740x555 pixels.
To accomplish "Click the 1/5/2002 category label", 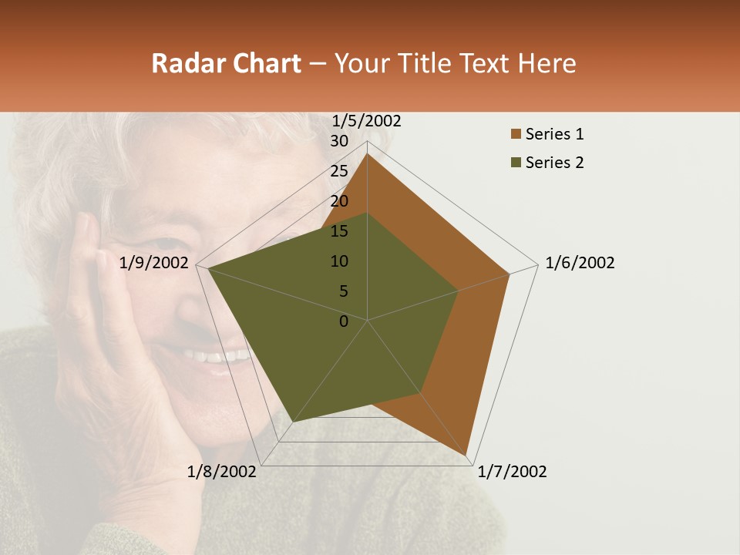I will coord(367,120).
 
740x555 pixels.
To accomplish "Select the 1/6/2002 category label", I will coord(580,263).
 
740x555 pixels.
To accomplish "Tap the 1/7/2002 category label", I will coord(512,472).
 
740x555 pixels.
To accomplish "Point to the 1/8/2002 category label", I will coord(222,472).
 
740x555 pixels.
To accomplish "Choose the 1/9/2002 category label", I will coord(154,263).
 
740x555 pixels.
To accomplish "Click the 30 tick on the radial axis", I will coord(339,141).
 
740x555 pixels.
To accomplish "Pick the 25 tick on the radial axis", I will coord(339,171).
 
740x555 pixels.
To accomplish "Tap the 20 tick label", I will coord(339,201).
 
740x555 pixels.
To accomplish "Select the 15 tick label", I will coord(339,231).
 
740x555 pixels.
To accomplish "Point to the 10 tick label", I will coord(339,261).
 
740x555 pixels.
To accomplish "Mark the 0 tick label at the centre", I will coord(344,321).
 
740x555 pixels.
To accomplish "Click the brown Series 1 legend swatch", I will coord(516,135).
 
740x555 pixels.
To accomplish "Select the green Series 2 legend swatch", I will coord(516,163).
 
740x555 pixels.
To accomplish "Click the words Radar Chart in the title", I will coord(226,63).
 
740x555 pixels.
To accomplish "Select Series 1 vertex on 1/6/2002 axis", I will coord(510,274).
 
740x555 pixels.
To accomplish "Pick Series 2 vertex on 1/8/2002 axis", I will coord(293,422).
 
